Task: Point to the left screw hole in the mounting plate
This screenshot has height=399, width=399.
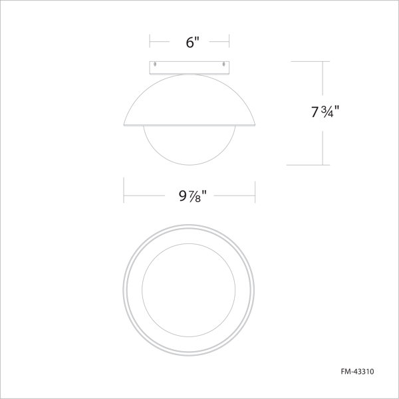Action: tap(156, 65)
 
